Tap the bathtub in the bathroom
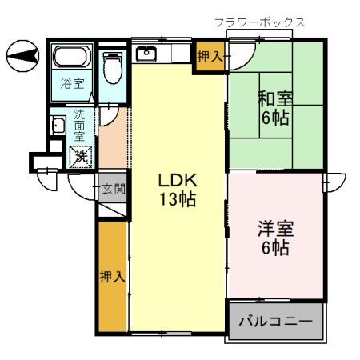tap(73, 58)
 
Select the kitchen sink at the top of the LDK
tap(147, 54)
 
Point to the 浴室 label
tap(72, 83)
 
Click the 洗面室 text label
tap(81, 125)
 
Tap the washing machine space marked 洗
tap(81, 156)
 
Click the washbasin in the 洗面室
tap(58, 126)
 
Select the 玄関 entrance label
tap(113, 190)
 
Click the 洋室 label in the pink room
tap(274, 228)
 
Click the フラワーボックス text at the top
tap(259, 22)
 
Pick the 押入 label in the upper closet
tap(210, 57)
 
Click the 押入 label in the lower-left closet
tap(112, 277)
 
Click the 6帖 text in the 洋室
tap(274, 247)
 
